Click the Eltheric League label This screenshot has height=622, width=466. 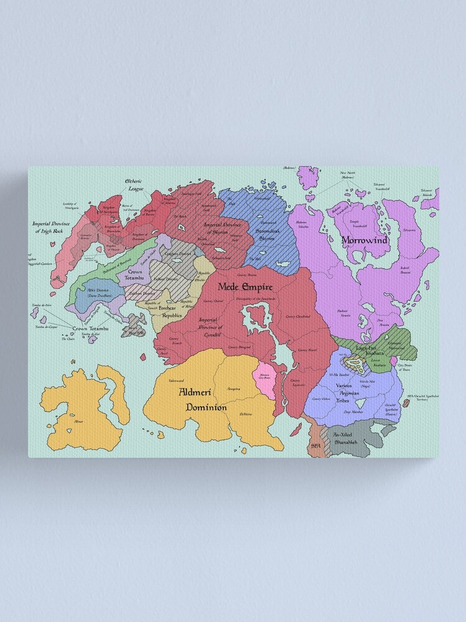(134, 185)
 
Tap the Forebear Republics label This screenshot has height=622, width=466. (171, 312)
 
